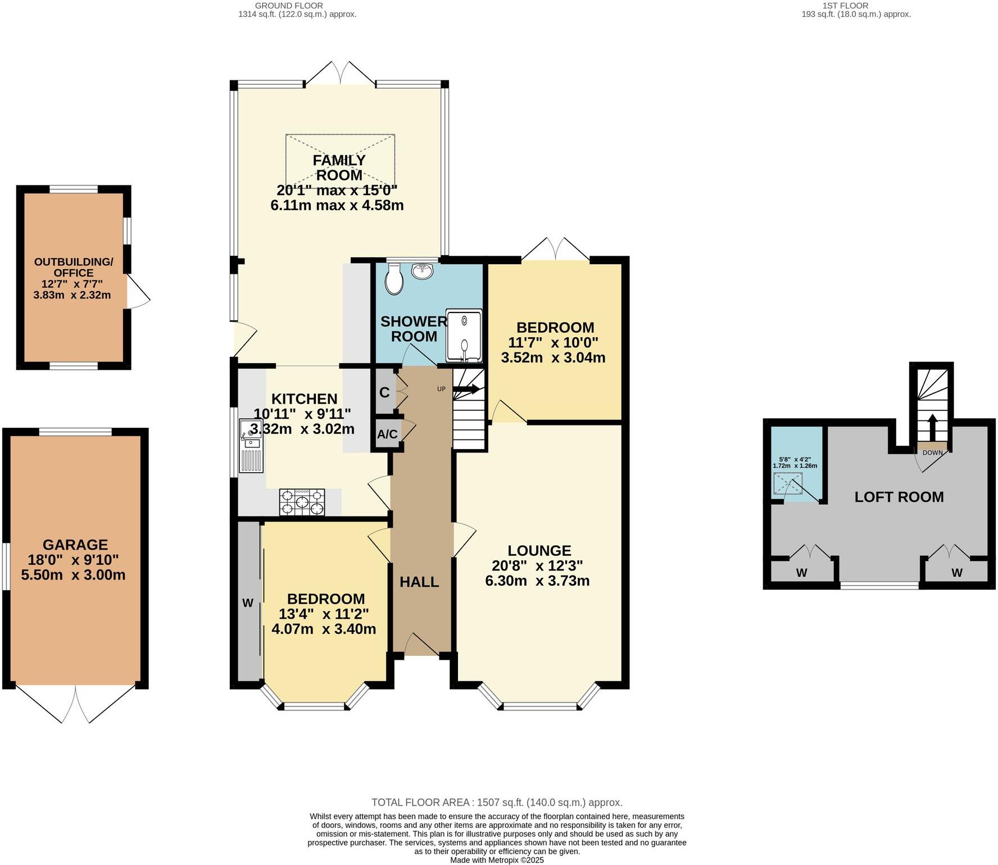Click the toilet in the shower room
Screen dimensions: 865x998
point(393,279)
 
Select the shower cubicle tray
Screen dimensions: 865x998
point(464,335)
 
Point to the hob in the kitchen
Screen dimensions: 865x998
point(302,502)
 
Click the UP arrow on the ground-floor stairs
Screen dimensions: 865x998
point(466,389)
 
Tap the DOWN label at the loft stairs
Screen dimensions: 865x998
point(932,452)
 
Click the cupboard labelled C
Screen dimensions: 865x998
point(384,392)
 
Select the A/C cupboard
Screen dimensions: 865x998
point(387,434)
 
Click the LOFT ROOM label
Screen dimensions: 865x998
point(899,497)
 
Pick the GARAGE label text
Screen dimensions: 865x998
point(75,544)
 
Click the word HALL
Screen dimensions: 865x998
point(419,582)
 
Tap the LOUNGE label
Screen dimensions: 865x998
point(539,551)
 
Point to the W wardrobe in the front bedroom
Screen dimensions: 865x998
point(248,603)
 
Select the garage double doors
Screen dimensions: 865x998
point(75,703)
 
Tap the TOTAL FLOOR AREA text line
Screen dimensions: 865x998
point(497,803)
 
